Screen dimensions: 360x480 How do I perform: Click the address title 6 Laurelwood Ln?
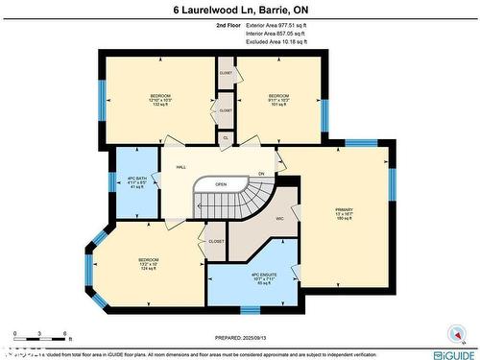point(239,10)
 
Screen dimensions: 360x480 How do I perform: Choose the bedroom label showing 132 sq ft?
point(159,100)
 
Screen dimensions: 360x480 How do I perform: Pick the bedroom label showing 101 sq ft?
point(278,100)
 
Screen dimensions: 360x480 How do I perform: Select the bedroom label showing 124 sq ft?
point(148,263)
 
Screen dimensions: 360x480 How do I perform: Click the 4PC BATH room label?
point(136,182)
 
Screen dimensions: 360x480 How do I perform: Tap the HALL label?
point(180,167)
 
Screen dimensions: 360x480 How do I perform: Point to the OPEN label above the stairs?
point(221,184)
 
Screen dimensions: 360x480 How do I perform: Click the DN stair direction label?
point(260,174)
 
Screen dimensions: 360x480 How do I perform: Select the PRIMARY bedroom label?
point(345,213)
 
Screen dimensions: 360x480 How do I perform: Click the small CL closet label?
point(225,138)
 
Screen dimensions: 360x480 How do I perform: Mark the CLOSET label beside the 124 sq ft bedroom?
point(216,241)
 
